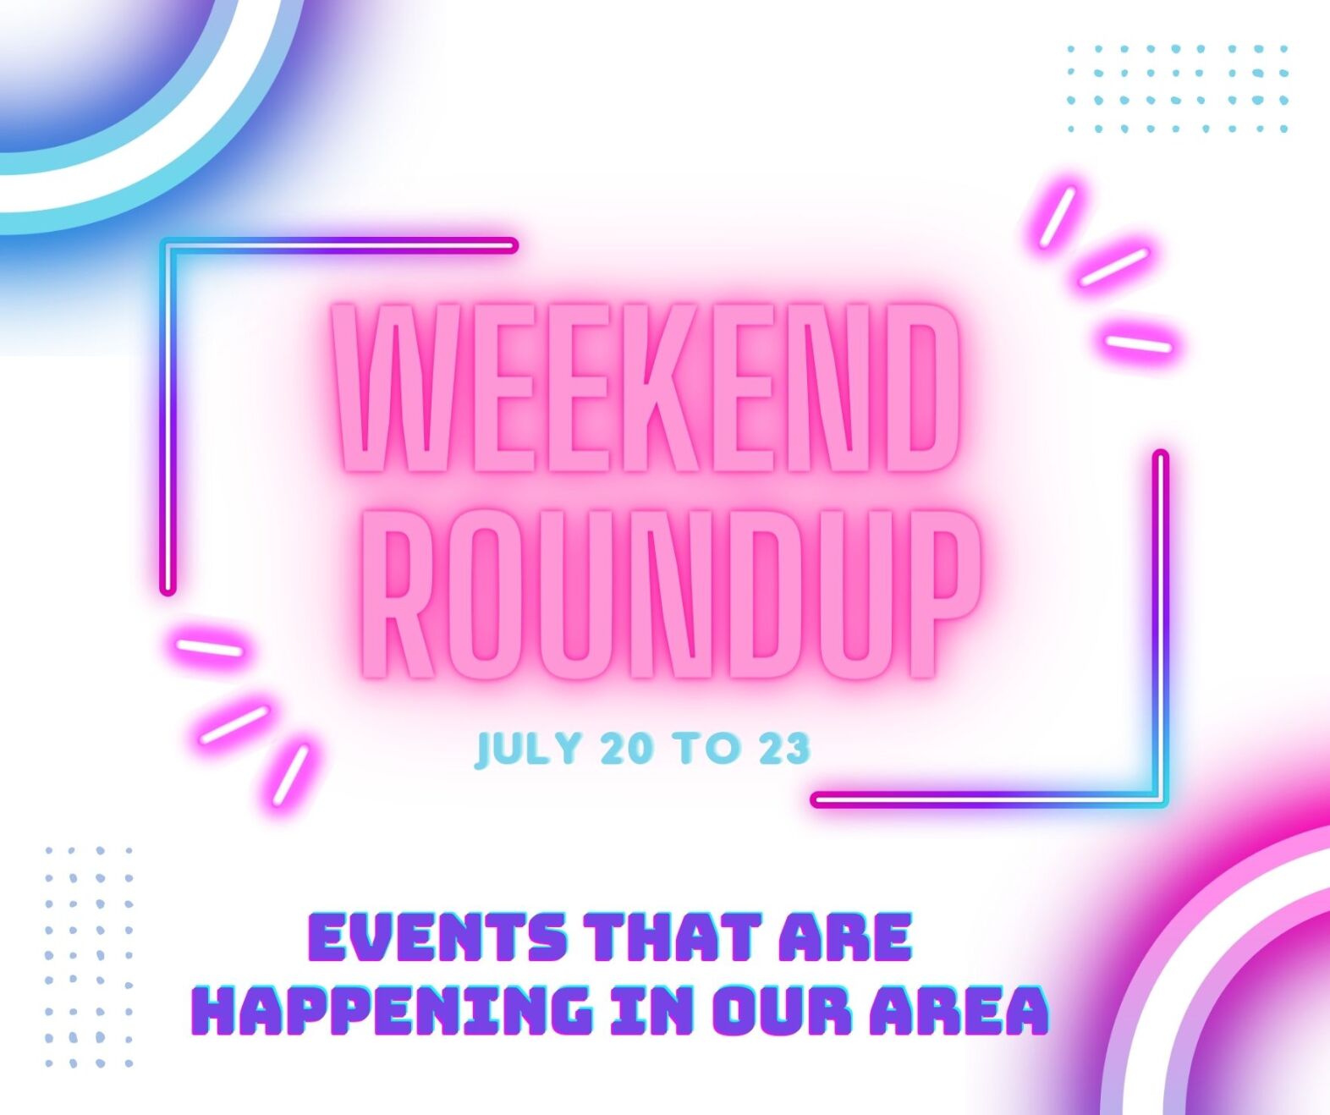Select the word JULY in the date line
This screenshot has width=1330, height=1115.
click(x=529, y=748)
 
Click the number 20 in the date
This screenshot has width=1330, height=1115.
click(x=626, y=748)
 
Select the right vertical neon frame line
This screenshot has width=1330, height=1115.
click(x=1161, y=629)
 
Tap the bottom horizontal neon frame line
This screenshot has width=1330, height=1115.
click(x=990, y=799)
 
